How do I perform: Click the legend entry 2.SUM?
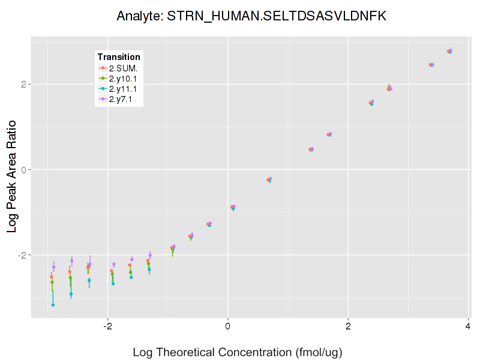click(x=123, y=68)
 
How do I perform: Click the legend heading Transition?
click(x=119, y=57)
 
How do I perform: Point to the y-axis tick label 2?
click(x=25, y=84)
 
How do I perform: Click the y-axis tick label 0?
click(x=25, y=169)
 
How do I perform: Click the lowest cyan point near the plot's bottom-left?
click(x=53, y=305)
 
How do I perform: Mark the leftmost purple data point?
click(x=54, y=267)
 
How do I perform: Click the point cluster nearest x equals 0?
click(x=233, y=207)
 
